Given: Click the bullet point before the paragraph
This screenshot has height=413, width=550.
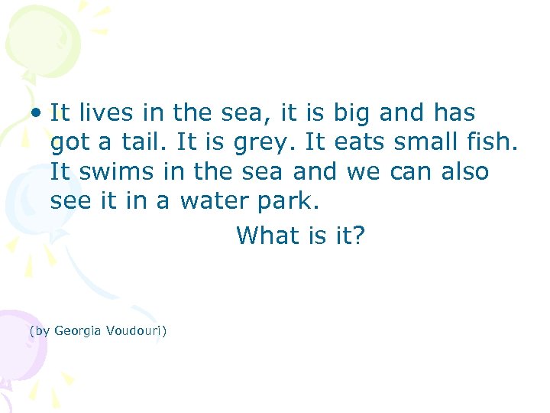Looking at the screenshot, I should (36, 113).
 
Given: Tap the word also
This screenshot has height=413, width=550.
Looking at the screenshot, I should (465, 171).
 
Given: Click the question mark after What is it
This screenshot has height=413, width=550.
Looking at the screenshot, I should (360, 236).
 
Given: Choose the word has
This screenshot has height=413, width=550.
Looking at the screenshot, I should (453, 113).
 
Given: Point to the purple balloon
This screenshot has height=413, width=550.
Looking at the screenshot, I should (19, 344).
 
